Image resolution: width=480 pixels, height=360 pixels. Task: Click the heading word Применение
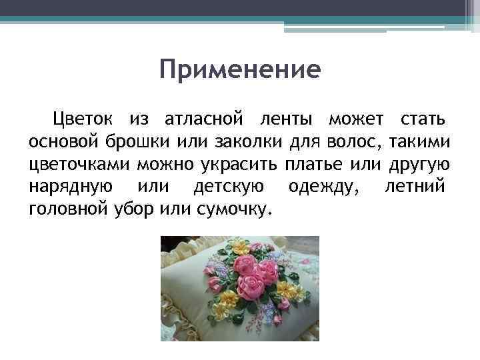click(240, 69)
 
